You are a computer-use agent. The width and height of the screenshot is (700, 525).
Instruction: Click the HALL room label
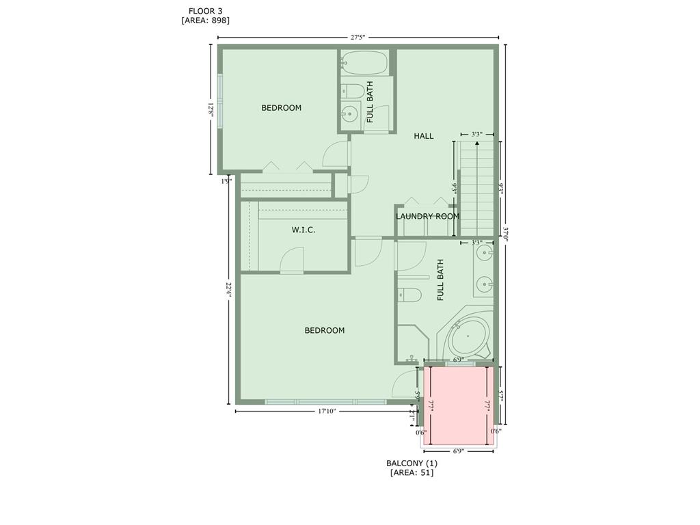[423, 136]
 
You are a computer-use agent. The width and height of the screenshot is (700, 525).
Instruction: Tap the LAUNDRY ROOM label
[427, 216]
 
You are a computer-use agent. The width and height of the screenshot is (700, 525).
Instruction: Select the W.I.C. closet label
[304, 230]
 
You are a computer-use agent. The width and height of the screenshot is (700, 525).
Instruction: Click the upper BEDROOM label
[281, 108]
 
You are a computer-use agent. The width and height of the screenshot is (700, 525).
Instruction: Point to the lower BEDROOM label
[324, 331]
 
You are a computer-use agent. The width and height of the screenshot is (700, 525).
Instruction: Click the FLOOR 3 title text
[205, 11]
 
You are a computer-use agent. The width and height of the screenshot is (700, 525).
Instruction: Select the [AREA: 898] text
[205, 21]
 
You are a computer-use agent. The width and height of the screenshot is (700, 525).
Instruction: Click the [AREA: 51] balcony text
[412, 472]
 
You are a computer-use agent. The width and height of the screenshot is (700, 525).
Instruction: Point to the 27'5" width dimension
[358, 38]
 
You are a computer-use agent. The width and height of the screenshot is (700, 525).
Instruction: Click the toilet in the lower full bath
[409, 295]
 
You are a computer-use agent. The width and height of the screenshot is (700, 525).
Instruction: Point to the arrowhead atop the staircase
[476, 144]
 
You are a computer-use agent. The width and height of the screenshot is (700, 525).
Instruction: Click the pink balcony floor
[457, 407]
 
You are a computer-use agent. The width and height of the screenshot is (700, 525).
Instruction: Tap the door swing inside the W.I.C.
[293, 259]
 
